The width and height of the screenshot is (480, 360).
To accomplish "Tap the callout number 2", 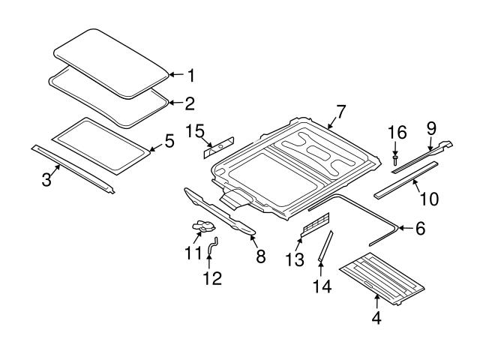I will point(190,103).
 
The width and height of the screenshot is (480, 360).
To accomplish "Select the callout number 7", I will point(341,112).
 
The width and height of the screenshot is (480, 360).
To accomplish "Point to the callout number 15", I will point(195,132).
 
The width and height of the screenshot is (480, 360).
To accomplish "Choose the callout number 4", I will point(376,318).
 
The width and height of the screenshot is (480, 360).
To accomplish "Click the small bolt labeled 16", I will point(395,158).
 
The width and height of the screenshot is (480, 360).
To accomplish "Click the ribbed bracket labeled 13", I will point(315,223).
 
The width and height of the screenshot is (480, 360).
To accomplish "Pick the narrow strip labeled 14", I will point(325,245).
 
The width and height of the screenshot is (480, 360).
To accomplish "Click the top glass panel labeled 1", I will point(112,60).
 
